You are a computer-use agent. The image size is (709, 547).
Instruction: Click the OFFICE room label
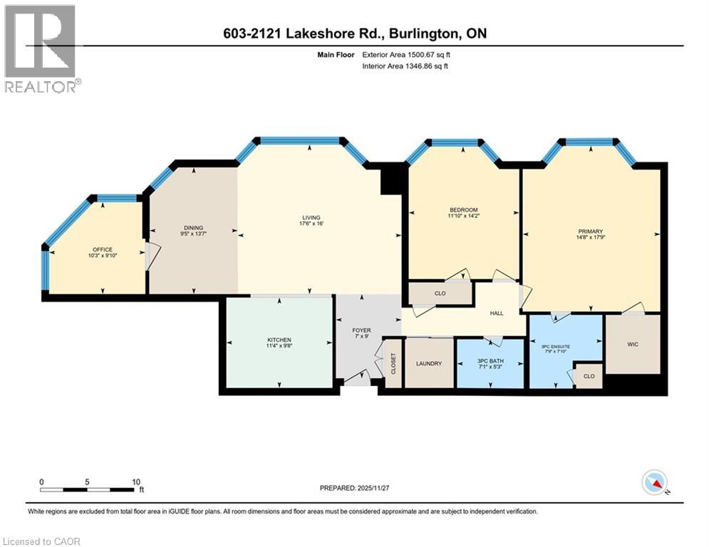[103, 249]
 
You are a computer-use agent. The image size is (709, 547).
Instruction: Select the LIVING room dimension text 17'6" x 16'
[311, 225]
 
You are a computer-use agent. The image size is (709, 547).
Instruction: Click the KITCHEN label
[279, 340]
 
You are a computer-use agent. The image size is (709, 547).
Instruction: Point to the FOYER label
[362, 330]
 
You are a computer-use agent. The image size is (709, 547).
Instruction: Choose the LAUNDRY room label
[429, 363]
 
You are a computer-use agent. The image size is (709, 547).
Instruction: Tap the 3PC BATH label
[489, 363]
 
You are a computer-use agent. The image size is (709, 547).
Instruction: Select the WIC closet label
[632, 343]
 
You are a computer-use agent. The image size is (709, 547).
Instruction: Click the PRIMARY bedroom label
[591, 231]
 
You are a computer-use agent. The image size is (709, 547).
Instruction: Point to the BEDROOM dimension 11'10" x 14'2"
[462, 216]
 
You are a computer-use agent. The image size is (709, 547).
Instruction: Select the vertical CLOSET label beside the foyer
[393, 363]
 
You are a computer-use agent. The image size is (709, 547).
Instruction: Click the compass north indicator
[654, 484]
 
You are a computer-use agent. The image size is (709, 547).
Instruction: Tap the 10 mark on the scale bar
[135, 481]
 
